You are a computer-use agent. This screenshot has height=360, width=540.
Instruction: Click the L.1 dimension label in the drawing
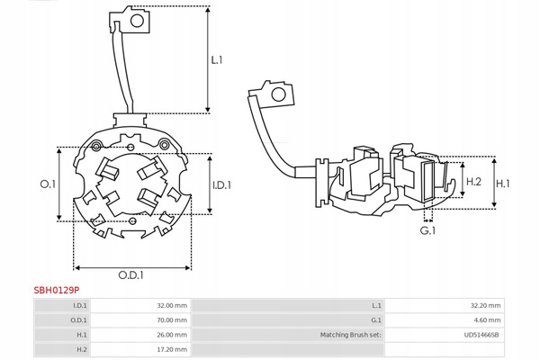click(x=217, y=61)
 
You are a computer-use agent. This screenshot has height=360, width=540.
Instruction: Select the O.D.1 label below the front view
click(x=132, y=275)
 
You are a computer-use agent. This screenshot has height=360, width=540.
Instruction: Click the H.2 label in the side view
click(x=473, y=181)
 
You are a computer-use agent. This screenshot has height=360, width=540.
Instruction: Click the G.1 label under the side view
click(x=428, y=231)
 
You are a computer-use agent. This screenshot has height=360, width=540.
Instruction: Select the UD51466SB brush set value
click(x=480, y=335)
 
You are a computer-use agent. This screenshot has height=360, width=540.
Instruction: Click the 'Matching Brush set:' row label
click(x=350, y=335)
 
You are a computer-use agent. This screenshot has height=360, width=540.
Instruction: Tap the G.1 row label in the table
click(x=377, y=320)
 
